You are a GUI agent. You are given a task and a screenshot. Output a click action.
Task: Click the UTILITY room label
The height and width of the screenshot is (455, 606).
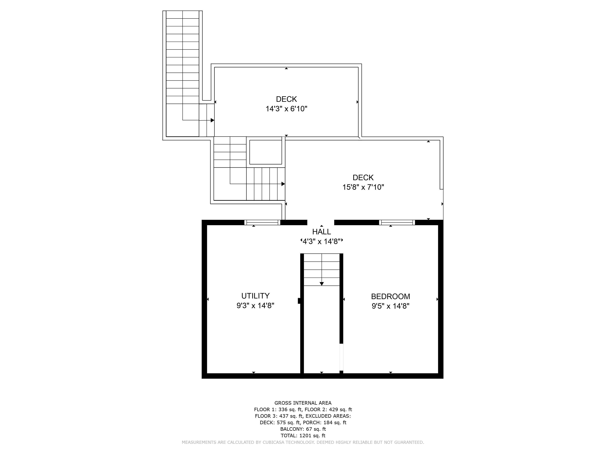[255, 296]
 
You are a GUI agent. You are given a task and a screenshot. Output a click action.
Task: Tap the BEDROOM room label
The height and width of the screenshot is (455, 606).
[390, 297]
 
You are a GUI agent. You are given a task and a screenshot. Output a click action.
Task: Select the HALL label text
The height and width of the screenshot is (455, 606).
[322, 232]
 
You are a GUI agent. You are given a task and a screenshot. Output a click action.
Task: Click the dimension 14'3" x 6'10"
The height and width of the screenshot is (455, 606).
[286, 109]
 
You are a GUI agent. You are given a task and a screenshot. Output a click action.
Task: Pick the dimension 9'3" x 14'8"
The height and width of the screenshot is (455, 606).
[255, 305]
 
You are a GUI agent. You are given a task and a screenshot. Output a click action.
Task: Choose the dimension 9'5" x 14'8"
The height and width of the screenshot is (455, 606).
[390, 306]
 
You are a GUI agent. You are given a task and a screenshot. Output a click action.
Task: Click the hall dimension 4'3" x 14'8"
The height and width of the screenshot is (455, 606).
[322, 241]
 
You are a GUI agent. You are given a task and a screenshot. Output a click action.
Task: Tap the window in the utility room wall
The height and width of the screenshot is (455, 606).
[262, 222]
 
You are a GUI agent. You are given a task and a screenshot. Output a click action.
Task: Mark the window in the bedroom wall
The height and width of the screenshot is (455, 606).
[397, 222]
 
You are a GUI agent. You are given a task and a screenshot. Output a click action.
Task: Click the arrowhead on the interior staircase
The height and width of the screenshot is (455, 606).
[322, 284]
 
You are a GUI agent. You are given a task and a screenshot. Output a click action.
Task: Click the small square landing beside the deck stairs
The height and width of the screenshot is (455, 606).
[265, 152]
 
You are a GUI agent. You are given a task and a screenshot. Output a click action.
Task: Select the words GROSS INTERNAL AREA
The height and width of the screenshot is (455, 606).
[303, 403]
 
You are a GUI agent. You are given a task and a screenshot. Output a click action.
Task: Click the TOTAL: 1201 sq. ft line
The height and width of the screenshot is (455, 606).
[303, 436]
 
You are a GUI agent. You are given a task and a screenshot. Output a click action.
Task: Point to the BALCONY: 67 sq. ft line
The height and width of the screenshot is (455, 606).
[303, 429]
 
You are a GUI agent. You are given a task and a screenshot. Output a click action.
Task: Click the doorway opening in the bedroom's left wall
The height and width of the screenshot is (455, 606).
[341, 357]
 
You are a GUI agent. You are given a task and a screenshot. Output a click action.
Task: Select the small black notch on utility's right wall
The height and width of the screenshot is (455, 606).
[299, 301]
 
